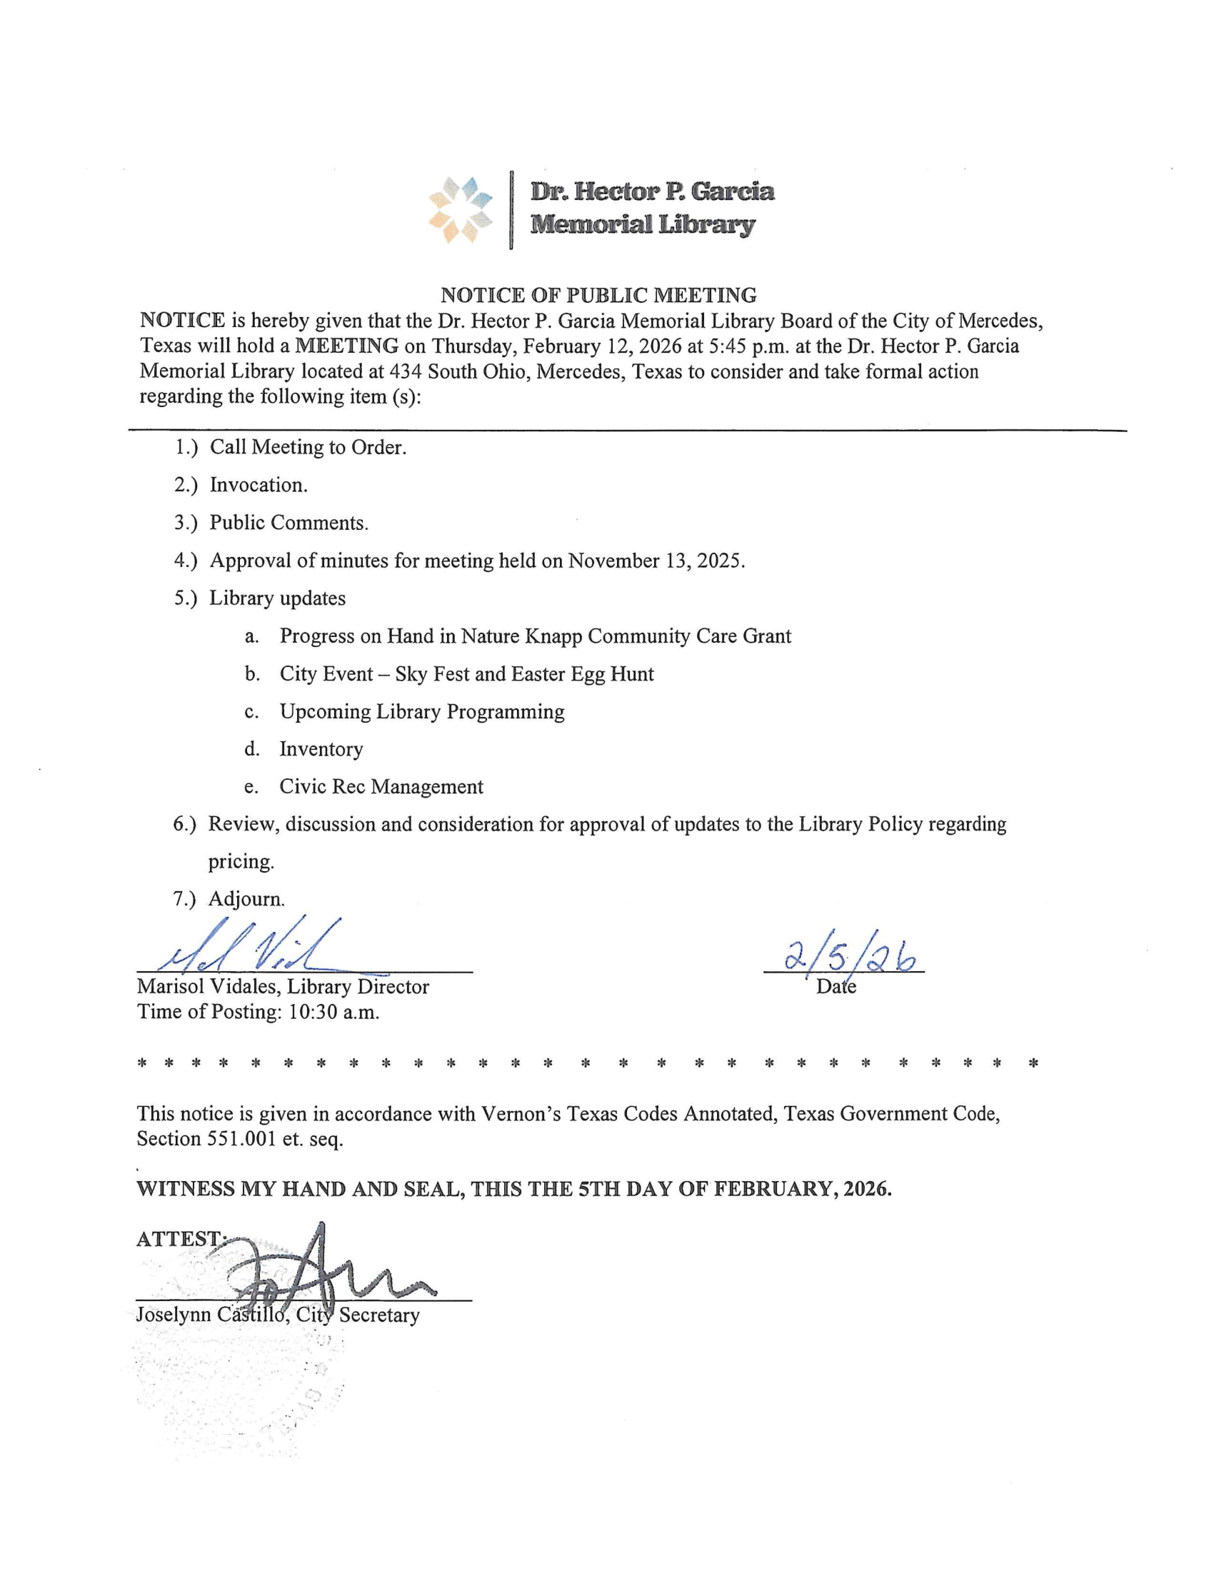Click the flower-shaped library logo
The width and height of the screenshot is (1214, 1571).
pyautogui.click(x=461, y=210)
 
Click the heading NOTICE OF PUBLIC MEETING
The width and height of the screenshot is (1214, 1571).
pyautogui.click(x=598, y=295)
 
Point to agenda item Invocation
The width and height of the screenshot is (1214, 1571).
pyautogui.click(x=259, y=485)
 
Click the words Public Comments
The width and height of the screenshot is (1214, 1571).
pyautogui.click(x=289, y=523)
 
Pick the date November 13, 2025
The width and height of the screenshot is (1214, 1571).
pyautogui.click(x=656, y=561)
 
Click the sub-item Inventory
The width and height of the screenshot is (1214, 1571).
pyautogui.click(x=321, y=749)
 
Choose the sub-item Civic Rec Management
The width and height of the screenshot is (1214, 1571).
pyautogui.click(x=381, y=786)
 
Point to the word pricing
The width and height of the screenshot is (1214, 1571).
pyautogui.click(x=241, y=861)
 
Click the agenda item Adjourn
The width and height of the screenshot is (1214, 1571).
pyautogui.click(x=246, y=898)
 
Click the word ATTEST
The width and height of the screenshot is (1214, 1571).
pyautogui.click(x=179, y=1239)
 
